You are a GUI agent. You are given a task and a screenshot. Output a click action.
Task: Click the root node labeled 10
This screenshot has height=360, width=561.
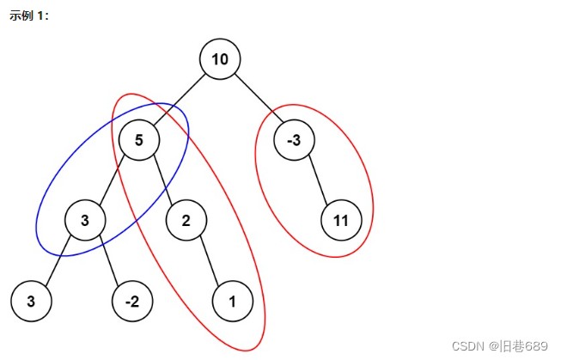point(220,59)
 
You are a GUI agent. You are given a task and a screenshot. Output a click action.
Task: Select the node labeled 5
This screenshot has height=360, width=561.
point(138,140)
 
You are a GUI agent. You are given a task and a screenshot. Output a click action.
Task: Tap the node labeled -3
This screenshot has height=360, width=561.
point(294,140)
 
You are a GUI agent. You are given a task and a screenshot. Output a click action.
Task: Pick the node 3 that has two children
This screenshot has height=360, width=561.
point(85,221)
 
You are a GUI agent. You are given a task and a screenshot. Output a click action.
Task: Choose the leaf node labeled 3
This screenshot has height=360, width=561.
point(31,302)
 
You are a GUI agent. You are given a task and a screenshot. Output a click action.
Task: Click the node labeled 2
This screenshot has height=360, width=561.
point(186,221)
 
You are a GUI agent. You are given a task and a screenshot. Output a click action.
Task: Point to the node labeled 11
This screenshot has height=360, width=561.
point(341,221)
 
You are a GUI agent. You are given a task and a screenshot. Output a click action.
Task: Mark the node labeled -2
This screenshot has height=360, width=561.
point(132,302)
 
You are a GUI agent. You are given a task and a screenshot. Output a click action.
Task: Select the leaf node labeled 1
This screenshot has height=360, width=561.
point(233,302)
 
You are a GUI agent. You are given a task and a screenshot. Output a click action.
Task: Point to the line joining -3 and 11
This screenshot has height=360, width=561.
point(318,180)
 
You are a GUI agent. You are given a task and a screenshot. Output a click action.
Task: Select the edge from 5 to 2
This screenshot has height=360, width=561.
point(162,180)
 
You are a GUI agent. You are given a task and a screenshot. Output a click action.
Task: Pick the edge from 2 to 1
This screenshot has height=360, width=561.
point(210,261)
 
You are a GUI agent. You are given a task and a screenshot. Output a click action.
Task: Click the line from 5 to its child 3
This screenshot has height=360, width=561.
point(112,180)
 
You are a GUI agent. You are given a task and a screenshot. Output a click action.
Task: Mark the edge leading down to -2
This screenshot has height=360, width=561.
point(109,261)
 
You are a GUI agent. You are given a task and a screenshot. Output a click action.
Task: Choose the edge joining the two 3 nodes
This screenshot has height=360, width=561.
point(58,261)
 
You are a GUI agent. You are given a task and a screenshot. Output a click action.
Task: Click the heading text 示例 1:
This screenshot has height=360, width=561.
point(29,15)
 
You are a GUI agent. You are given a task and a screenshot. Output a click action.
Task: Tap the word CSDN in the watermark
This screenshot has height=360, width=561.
point(468,345)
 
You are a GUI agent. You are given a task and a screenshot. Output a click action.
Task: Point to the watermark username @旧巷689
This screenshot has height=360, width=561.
point(519,345)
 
